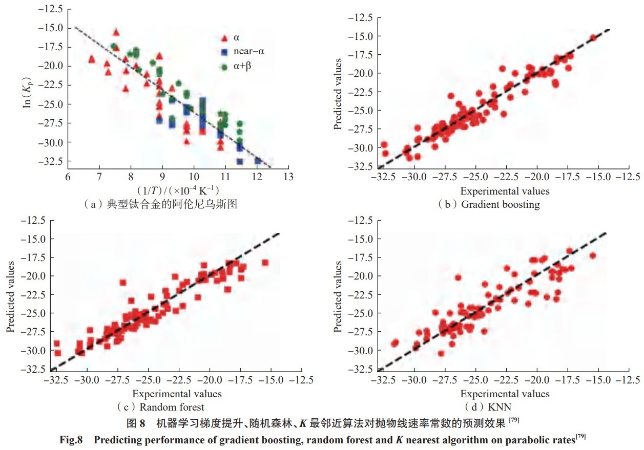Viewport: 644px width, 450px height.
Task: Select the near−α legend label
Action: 250,52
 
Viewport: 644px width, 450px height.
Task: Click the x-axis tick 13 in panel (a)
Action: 288,177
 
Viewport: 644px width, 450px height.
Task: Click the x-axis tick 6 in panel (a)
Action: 67,177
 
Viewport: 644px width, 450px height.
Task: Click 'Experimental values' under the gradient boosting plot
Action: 505,191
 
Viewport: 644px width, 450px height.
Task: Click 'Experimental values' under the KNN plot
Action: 505,394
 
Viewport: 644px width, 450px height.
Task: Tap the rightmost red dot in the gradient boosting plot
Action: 593,37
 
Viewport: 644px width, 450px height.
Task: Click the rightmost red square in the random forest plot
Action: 265,263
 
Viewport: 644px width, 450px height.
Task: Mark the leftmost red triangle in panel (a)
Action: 92,59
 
